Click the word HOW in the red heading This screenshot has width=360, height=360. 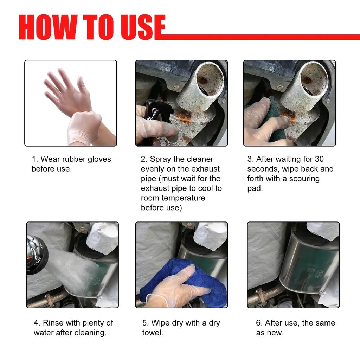(47, 27)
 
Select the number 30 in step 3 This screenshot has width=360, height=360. (319, 159)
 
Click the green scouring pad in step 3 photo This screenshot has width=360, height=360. (274, 120)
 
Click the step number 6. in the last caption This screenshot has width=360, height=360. (259, 323)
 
